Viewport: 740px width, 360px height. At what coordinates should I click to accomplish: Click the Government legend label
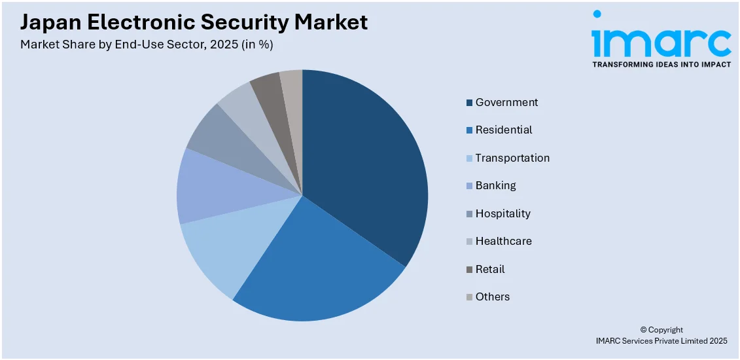(x=506, y=102)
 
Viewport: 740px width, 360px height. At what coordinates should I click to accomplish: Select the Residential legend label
(x=504, y=130)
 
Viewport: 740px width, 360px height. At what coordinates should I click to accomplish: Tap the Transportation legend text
(x=512, y=158)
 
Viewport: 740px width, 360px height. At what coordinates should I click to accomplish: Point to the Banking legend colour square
(x=469, y=186)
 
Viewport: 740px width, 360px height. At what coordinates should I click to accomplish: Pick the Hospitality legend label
(x=502, y=213)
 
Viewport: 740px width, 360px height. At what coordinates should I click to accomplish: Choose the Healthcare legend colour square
(x=469, y=242)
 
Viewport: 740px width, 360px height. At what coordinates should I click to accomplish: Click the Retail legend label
(x=490, y=269)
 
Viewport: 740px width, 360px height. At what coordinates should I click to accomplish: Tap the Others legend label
(x=492, y=297)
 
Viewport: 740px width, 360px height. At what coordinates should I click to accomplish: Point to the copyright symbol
(x=643, y=330)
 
